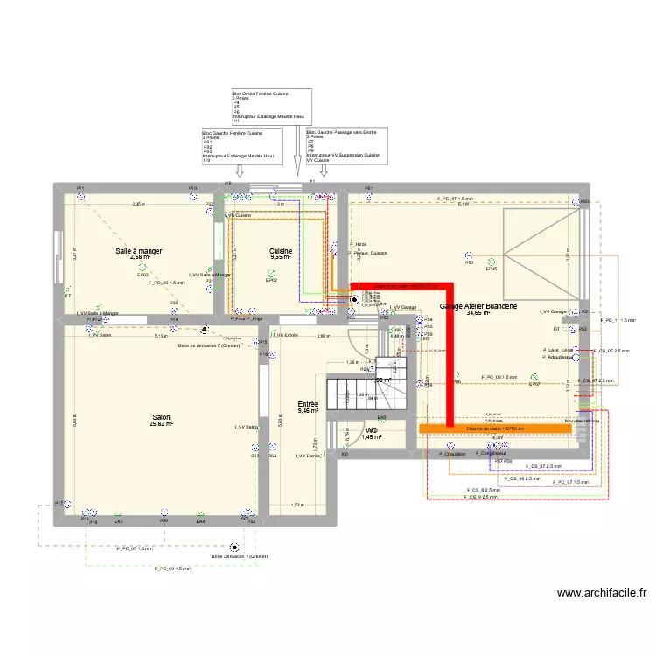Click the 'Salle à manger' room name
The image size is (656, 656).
tap(139, 251)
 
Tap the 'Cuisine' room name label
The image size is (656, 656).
tap(281, 251)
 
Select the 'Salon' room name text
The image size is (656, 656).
tap(162, 418)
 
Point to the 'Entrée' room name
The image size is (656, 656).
tap(309, 404)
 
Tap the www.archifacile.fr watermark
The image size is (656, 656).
tap(603, 592)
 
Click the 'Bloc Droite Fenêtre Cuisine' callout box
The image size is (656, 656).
tap(271, 107)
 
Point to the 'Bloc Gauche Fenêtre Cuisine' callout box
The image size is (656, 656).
tap(241, 146)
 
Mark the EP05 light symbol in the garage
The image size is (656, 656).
tap(492, 261)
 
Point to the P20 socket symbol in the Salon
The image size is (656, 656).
tap(164, 513)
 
